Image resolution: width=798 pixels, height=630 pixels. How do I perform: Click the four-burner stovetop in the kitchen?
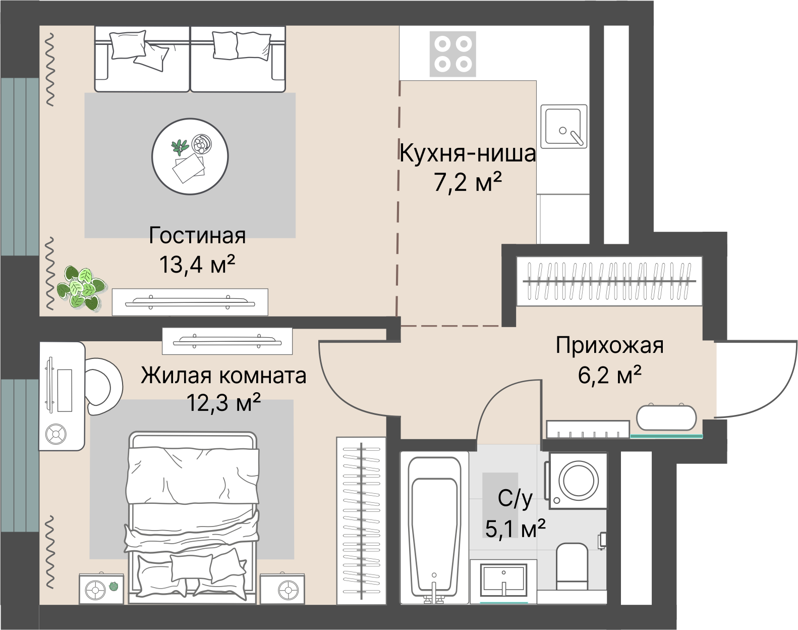click(x=452, y=54)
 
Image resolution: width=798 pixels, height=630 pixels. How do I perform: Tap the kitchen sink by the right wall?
click(x=564, y=126)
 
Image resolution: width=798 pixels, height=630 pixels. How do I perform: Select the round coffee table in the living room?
click(x=190, y=156)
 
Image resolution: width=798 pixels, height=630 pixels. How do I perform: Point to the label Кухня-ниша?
click(x=467, y=153)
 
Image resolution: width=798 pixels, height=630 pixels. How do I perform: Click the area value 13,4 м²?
click(x=197, y=264)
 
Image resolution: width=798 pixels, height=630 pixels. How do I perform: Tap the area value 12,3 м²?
click(x=223, y=403)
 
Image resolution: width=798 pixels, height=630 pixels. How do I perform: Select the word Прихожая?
click(x=609, y=346)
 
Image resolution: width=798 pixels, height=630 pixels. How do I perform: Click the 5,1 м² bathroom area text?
click(x=515, y=529)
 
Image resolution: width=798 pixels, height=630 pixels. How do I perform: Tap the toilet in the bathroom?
click(x=572, y=566)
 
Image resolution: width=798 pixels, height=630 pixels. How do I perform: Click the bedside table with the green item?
click(x=101, y=589)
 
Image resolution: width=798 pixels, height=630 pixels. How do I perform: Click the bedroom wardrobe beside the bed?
click(x=361, y=520)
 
